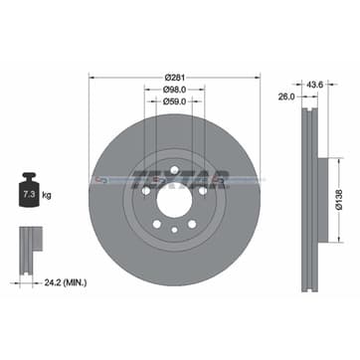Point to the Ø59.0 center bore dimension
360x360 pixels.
tap(175, 100)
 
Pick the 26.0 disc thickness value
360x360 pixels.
tap(286, 96)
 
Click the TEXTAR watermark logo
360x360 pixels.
tap(179, 180)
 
